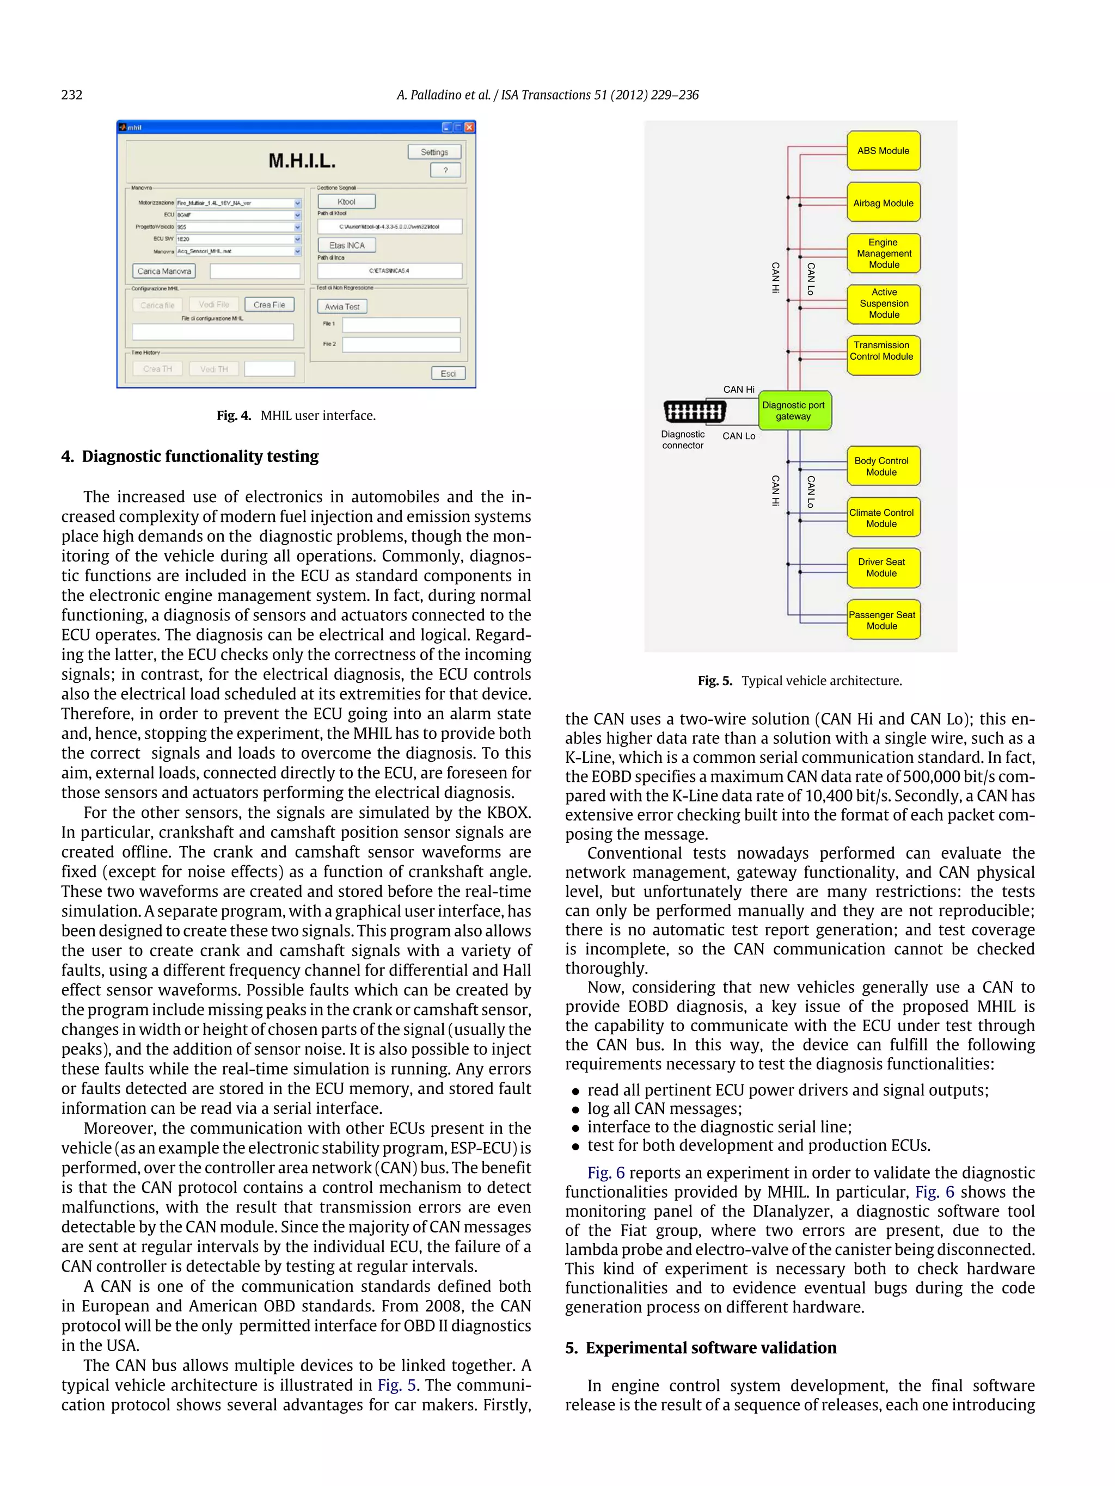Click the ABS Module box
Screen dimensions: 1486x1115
[x=883, y=151]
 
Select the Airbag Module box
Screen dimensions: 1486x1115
[x=883, y=202]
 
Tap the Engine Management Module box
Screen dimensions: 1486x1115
[x=883, y=253]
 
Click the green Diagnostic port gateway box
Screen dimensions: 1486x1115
[x=794, y=410]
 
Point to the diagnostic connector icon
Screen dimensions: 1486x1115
[x=694, y=410]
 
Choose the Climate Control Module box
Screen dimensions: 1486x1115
[x=883, y=517]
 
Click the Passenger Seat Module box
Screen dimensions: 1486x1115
[x=883, y=619]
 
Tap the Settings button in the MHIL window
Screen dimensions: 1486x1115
[x=434, y=152]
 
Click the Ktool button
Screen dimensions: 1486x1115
[x=346, y=201]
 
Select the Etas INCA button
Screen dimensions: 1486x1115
[x=346, y=245]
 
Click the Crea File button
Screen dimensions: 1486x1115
[x=269, y=304]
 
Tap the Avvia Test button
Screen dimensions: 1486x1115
[x=341, y=306]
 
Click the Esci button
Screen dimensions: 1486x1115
[x=448, y=373]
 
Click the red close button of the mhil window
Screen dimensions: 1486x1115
[x=469, y=127]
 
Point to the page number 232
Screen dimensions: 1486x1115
[x=72, y=95]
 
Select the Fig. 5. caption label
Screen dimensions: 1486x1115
[x=714, y=681]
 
